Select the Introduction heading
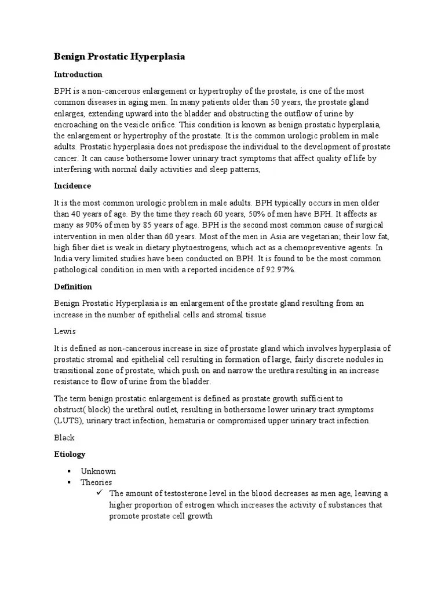pos(78,75)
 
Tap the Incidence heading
pos(72,186)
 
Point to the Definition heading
pos(73,287)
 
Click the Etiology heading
pos(70,454)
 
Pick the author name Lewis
pos(65,331)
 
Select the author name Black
pos(64,438)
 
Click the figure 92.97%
pos(279,269)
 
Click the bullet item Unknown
pos(99,471)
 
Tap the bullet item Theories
pos(96,482)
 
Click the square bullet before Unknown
pos(68,471)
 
